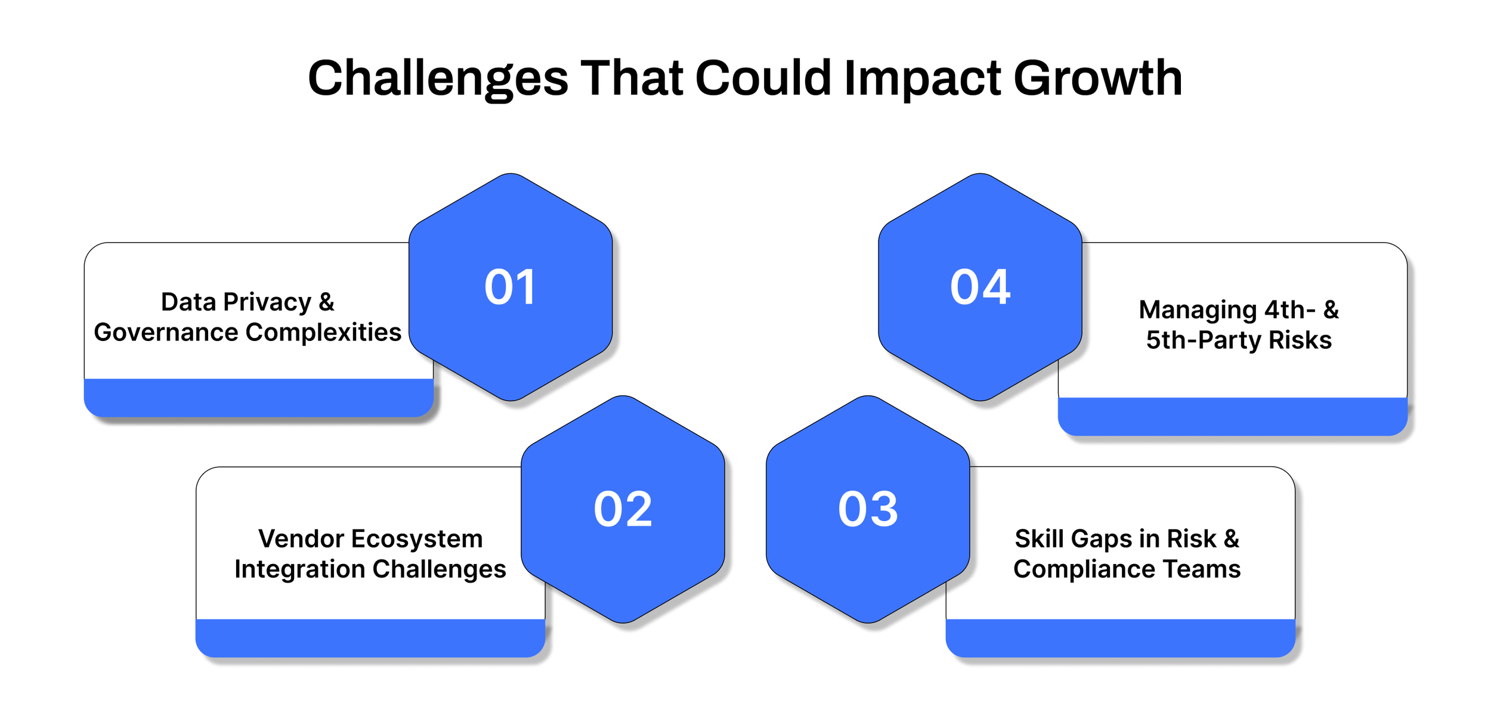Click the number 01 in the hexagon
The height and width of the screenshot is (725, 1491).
pyautogui.click(x=510, y=287)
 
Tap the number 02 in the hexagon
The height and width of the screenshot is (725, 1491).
pyautogui.click(x=623, y=509)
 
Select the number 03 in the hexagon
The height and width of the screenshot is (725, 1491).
pyautogui.click(x=868, y=509)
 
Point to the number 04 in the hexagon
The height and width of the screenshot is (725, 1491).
pyautogui.click(x=980, y=287)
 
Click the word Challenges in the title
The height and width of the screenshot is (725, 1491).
pyautogui.click(x=438, y=79)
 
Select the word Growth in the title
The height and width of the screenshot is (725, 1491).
pyautogui.click(x=1098, y=79)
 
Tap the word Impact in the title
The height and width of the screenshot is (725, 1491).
pyautogui.click(x=923, y=79)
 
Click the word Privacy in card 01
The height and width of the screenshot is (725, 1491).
pyautogui.click(x=267, y=302)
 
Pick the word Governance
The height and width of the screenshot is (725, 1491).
pyautogui.click(x=166, y=333)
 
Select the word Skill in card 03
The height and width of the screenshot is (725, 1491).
pyautogui.click(x=1039, y=539)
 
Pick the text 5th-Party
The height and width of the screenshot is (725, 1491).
pyautogui.click(x=1204, y=340)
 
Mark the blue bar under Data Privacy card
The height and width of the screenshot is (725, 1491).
pyautogui.click(x=258, y=398)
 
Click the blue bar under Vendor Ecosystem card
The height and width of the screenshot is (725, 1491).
pyautogui.click(x=370, y=638)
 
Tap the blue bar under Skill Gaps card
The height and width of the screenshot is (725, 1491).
pyautogui.click(x=1120, y=638)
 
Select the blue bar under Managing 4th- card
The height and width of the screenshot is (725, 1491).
pyautogui.click(x=1232, y=416)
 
